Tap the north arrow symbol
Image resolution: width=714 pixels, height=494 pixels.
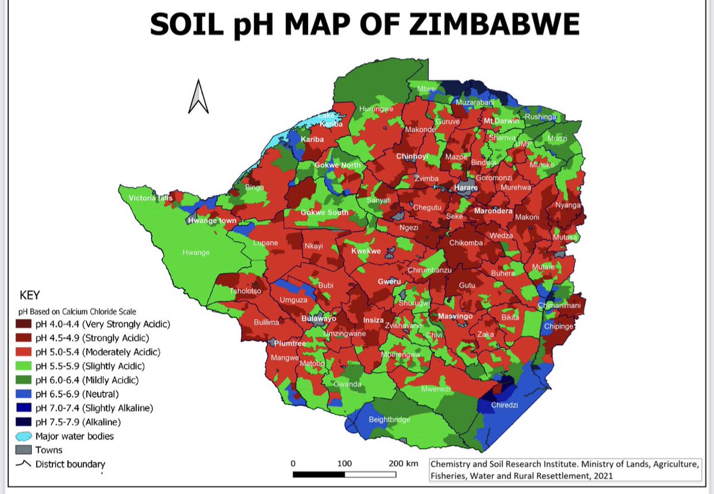coord(198,98)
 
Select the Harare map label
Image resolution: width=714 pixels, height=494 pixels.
coord(466,187)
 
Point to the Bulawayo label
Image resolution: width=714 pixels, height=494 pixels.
coord(319,319)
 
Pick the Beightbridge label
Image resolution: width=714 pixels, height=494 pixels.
coord(390,420)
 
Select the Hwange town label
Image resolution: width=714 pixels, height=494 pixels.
coord(212,221)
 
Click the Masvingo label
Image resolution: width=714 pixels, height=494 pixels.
coord(455,316)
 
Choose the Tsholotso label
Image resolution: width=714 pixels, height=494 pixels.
coord(246,291)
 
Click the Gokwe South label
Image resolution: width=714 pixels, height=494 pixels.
coord(324,212)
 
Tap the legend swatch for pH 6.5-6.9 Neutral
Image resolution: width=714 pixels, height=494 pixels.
coord(26,394)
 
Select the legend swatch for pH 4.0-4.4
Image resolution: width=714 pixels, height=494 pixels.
coord(26,324)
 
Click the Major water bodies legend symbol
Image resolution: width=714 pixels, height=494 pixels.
coord(26,436)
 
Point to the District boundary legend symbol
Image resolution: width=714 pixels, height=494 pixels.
coord(26,464)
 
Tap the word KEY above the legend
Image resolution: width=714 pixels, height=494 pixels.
coord(30,295)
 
